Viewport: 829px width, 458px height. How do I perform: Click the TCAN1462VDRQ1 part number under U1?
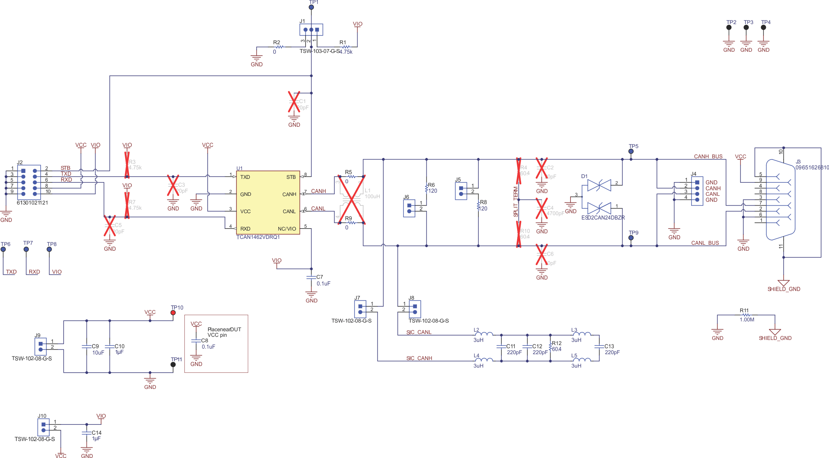[258, 237]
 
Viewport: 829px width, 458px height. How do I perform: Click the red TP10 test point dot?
[173, 313]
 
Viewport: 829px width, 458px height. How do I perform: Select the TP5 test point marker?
[631, 151]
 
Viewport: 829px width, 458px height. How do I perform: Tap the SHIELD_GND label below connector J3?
[784, 289]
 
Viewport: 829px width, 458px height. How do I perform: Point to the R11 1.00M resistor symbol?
[746, 315]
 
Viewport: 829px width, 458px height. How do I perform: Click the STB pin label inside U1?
[291, 177]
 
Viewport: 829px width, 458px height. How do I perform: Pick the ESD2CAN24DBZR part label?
[603, 218]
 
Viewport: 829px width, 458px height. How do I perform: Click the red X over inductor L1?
[351, 199]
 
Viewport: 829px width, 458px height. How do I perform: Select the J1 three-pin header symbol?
[311, 30]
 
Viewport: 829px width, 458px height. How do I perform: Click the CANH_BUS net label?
[708, 156]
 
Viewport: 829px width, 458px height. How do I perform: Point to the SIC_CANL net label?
[419, 332]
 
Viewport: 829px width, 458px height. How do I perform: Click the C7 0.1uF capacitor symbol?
[311, 278]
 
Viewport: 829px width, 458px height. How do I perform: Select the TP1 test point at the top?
[311, 7]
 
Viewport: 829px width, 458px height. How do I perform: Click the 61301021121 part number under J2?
[32, 203]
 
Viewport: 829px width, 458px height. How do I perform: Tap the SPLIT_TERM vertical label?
[516, 201]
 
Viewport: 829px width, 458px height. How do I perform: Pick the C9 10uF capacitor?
[87, 347]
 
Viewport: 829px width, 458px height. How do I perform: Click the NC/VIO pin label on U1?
[287, 229]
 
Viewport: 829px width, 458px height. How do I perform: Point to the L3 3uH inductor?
[582, 334]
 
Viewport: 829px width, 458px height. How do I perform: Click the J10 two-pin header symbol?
[43, 427]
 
